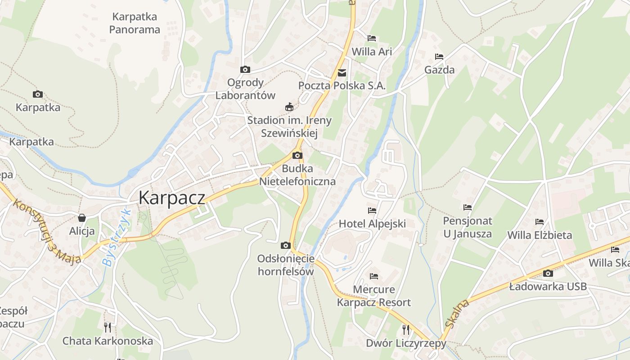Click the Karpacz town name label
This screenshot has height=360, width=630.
point(171,198)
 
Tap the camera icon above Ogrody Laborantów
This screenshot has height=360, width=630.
point(245,69)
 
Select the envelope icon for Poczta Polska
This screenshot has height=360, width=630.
point(342,72)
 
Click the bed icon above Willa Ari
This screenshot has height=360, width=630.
point(372,38)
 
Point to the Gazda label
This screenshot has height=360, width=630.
point(439,70)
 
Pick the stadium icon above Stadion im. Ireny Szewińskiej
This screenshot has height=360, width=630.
point(289,107)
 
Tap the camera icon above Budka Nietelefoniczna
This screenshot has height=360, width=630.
point(297,156)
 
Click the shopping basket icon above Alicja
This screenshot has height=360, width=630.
point(82,218)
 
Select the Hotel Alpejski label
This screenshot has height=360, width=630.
point(372,224)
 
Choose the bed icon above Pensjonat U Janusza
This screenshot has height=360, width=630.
point(468,207)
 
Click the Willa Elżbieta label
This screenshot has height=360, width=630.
point(540,235)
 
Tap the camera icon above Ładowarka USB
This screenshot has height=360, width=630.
point(548,273)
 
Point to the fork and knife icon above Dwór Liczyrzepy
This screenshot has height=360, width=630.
point(406,330)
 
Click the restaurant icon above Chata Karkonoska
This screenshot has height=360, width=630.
point(108,327)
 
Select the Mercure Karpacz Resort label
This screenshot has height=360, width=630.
point(373,296)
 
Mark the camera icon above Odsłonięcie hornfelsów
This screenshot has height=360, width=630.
point(285,245)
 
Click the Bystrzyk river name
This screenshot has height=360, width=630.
point(116,238)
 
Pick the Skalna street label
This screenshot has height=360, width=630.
point(457,314)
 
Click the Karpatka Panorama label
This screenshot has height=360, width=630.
point(135,23)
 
